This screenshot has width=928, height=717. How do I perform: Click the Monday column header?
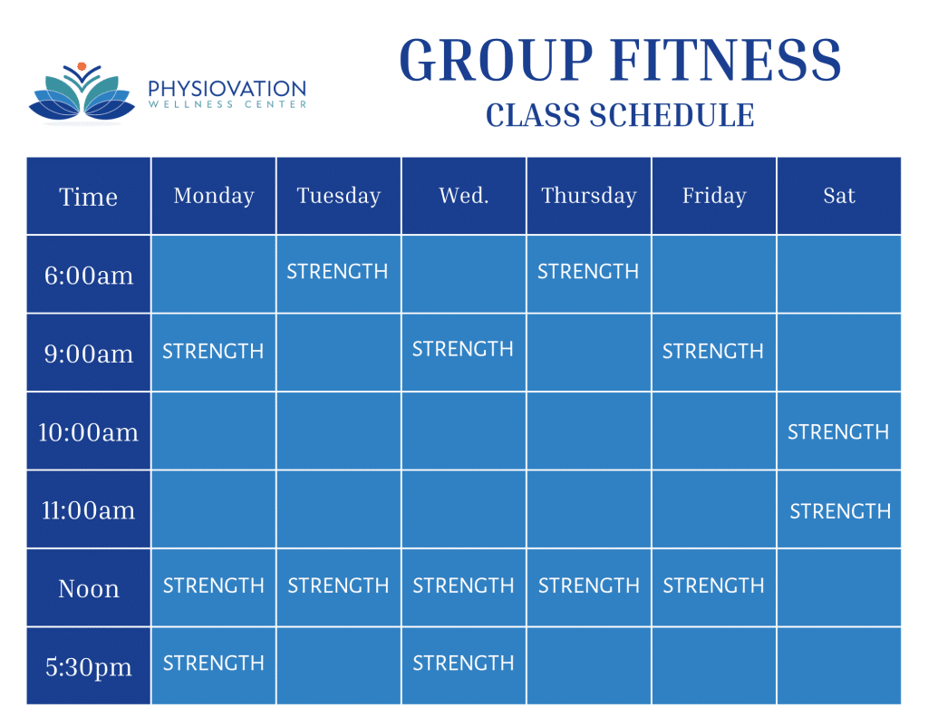214,196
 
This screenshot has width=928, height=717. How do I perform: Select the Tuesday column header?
339,196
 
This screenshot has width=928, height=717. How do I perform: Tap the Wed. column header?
464,196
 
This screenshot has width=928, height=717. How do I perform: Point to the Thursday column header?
589,196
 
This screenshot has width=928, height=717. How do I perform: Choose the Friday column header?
714,196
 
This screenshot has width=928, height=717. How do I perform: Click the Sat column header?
839,196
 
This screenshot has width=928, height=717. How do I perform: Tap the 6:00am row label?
89,276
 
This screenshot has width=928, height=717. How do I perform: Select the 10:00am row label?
88,432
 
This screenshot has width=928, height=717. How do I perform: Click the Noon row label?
89,588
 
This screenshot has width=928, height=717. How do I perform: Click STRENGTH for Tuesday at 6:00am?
337,272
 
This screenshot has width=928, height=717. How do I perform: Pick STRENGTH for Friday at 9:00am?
712,351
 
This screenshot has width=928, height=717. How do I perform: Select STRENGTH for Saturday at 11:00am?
840,511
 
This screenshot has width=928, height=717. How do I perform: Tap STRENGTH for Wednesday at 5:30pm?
463,664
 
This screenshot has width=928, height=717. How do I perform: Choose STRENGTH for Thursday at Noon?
589,586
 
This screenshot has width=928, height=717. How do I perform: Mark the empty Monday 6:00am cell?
214,274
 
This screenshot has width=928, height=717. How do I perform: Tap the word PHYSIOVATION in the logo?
227,89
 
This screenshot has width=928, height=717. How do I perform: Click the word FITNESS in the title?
726,60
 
